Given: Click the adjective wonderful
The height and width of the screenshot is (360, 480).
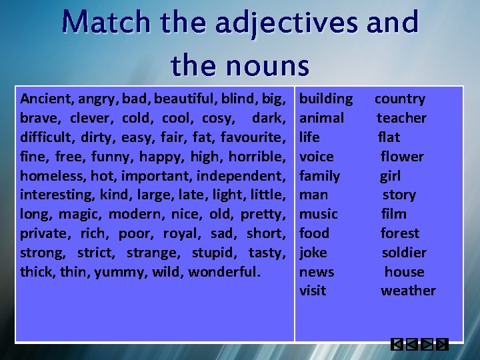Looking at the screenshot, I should coord(224,272).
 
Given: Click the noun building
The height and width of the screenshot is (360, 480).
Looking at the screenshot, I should coord(326,99).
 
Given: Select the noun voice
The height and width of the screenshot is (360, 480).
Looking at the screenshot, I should coord(317,157).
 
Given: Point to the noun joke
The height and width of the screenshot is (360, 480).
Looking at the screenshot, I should coord(313,253).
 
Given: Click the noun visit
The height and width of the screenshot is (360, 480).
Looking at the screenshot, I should coord(313,291).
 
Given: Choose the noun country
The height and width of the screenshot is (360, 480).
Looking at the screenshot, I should coord(399,99).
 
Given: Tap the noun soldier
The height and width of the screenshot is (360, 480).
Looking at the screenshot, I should coord(404,253).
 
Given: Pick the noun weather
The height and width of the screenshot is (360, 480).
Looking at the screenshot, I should coord(408,291).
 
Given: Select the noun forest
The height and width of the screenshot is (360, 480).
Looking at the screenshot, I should coord(400,233).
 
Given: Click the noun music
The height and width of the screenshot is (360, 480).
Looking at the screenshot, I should coord(319,214).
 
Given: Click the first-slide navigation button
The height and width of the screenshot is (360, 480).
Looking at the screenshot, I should coord(397,345).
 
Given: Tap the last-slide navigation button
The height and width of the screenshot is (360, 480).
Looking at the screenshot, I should coord(442,345).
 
